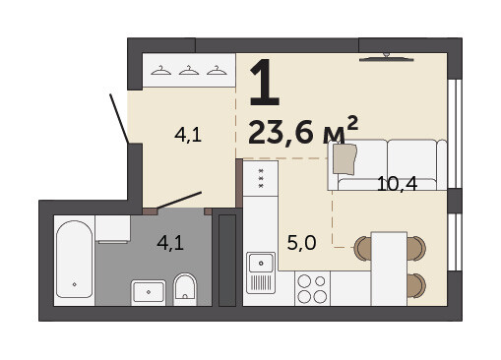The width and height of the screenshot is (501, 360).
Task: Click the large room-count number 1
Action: coord(265,83)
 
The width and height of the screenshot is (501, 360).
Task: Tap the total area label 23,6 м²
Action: coord(303,131)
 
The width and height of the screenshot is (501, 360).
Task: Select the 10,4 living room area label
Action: coord(397,184)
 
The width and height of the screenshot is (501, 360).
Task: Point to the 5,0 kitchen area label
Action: coord(301,243)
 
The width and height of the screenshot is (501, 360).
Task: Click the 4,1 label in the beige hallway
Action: coord(188,135)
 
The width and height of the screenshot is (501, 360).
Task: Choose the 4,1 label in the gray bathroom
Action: coord(170,243)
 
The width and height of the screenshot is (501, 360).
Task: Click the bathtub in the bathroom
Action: coord(75,259)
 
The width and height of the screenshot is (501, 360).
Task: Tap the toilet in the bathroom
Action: coord(185,289)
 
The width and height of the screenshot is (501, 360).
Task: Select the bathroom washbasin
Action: coord(149,292)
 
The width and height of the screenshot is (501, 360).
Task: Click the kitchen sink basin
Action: coord(261,263)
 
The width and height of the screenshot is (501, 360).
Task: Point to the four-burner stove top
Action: coord(312,288)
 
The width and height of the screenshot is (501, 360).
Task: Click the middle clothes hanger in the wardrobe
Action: coord(189,71)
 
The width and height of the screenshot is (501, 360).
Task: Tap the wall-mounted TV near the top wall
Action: coord(387,58)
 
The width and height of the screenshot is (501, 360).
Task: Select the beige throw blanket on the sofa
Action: coord(344,159)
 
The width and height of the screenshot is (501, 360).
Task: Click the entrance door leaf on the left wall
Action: coord(119,119)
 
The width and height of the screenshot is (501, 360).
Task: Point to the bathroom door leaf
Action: coord(179,200)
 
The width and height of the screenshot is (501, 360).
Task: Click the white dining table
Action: coord(389,269)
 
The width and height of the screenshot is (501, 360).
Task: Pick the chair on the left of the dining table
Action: coord(363,249)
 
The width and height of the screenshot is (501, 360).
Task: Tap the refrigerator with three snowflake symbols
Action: coord(261,179)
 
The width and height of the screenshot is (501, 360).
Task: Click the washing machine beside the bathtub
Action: coord(113,229)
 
